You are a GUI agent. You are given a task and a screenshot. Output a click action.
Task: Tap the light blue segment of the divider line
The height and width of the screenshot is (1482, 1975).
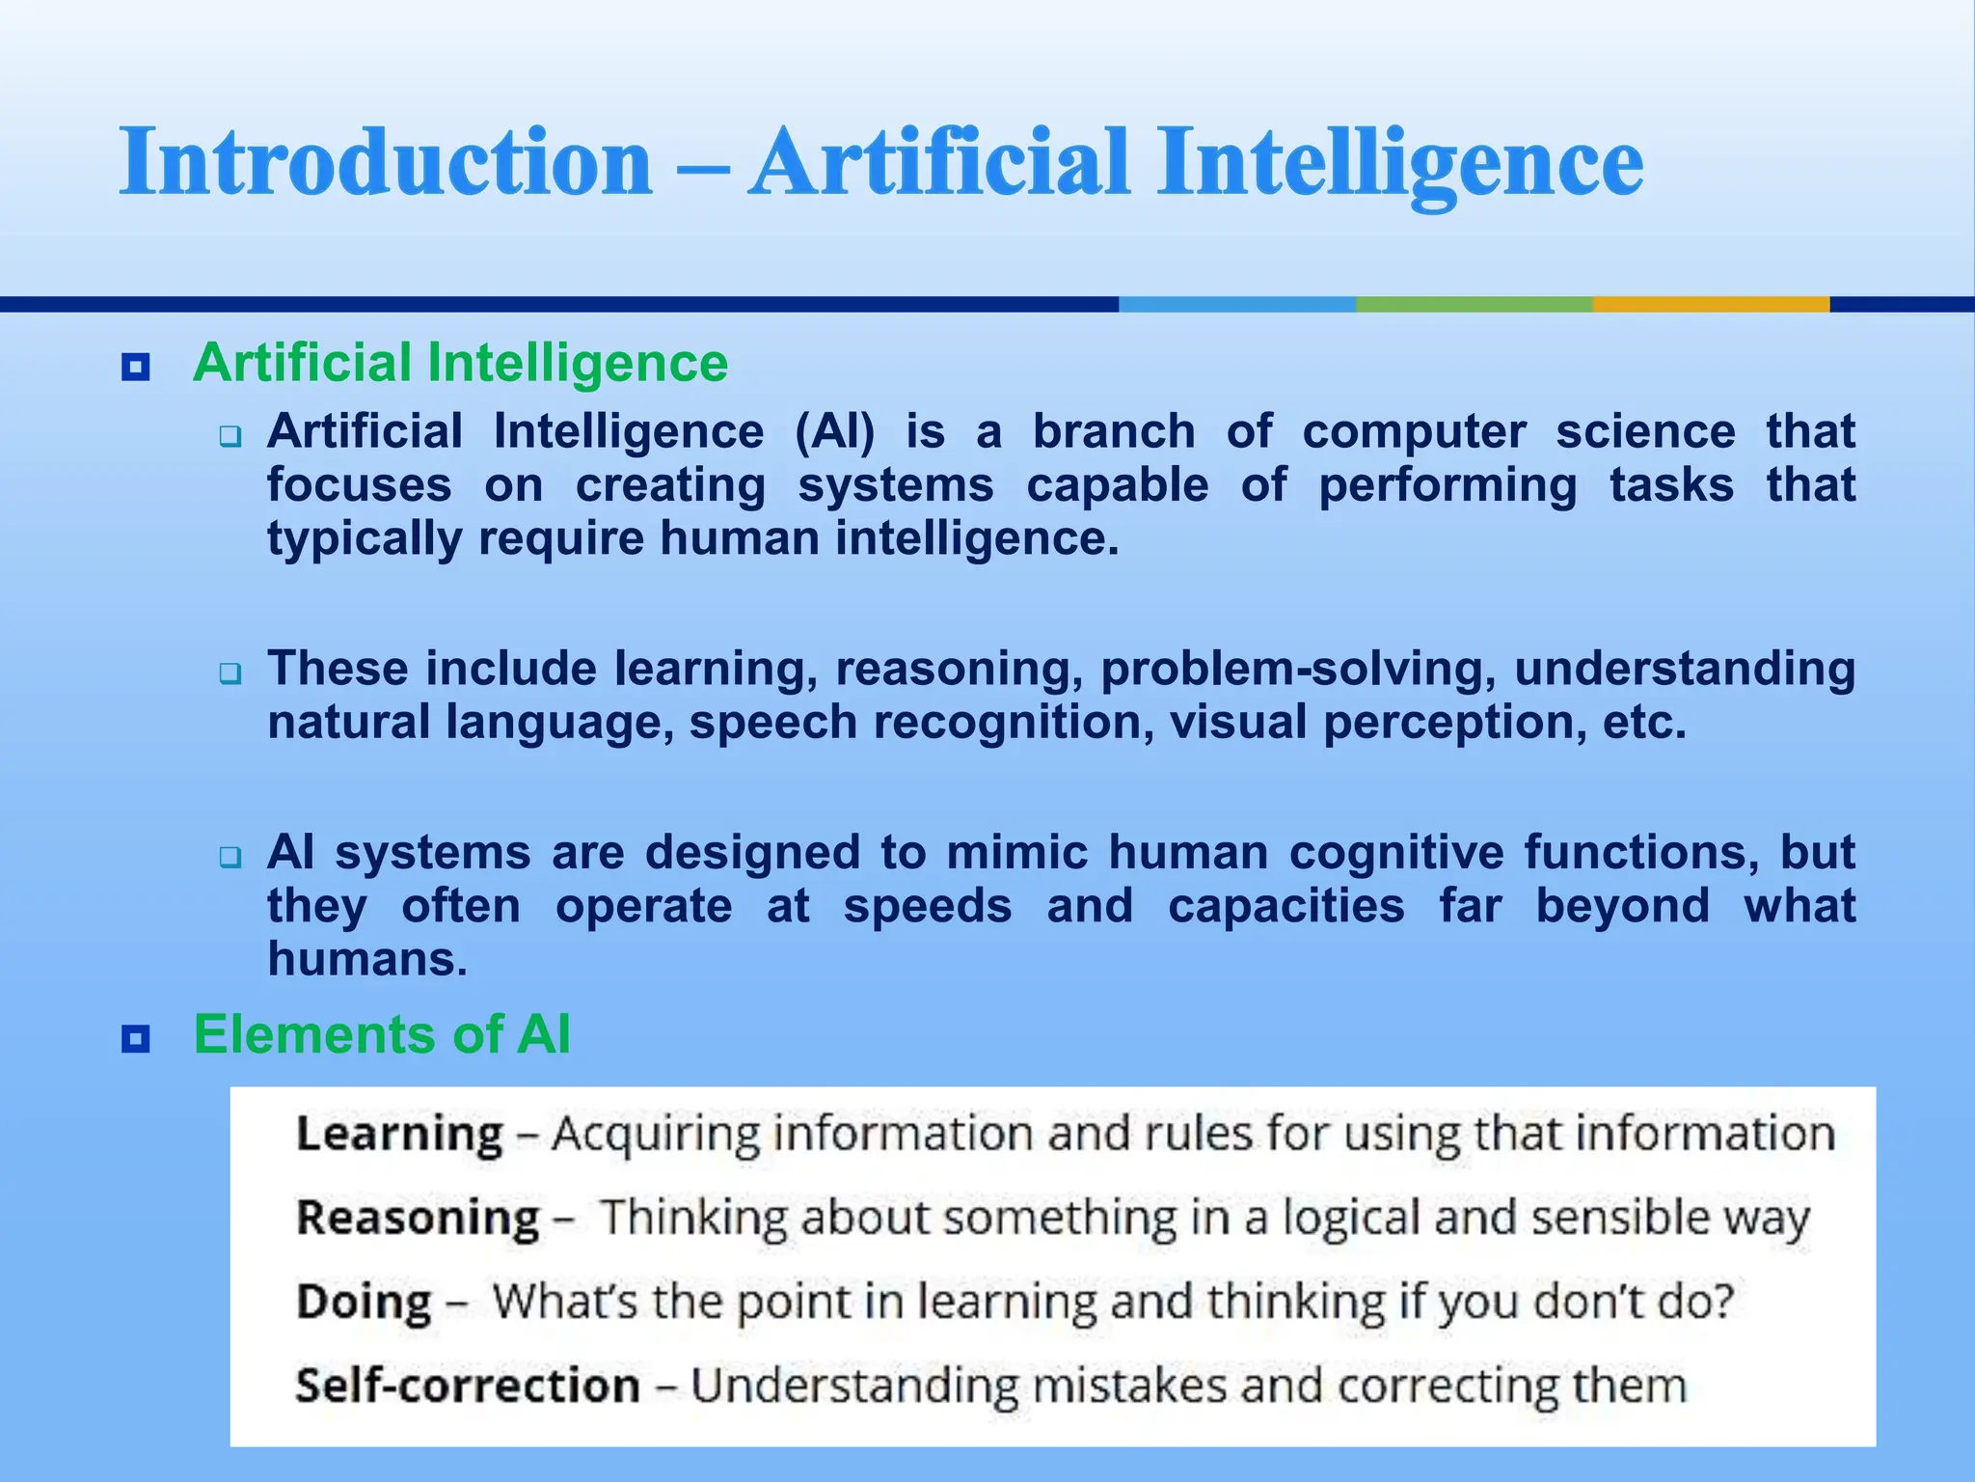coord(1236,304)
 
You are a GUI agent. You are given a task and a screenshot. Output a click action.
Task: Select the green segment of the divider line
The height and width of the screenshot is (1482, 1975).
coord(1474,304)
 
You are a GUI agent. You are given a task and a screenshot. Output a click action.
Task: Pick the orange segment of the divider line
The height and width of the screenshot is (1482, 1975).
coord(1711,304)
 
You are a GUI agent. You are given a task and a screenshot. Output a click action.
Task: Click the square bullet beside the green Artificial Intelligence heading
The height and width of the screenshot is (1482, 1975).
coord(136,367)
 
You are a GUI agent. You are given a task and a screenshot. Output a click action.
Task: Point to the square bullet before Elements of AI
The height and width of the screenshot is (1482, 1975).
coord(136,1039)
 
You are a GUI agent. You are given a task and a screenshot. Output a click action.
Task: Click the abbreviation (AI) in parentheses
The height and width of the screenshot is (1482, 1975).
coord(835,431)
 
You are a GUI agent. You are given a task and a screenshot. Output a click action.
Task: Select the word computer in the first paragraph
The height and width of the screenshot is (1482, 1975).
coord(1414,431)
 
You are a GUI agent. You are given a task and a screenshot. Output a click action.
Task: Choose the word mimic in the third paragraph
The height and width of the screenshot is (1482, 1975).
coord(1017,853)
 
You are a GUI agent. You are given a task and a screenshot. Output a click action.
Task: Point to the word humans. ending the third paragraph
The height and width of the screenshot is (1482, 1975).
coord(367,960)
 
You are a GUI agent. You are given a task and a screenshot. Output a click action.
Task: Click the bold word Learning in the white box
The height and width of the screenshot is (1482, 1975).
coord(399,1134)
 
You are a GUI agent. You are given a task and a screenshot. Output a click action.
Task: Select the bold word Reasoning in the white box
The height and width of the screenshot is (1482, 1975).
coord(418,1218)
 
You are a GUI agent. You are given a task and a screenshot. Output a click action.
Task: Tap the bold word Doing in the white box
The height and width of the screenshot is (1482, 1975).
coord(364,1302)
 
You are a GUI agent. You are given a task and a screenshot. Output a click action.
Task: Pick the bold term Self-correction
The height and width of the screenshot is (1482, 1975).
coord(468,1386)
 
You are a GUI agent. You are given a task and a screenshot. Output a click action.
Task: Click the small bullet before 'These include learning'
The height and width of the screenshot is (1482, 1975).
coord(230,672)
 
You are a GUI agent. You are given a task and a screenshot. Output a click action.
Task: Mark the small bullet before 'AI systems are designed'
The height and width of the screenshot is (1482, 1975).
coord(230,856)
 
